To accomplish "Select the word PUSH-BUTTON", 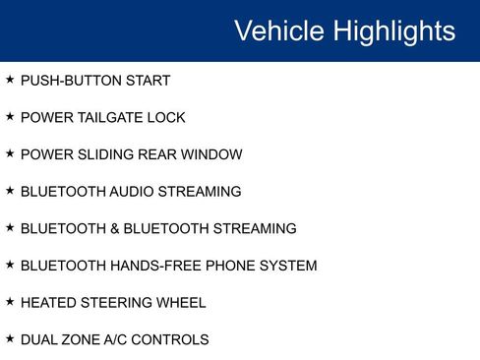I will pyautogui.click(x=71, y=81).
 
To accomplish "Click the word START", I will pyautogui.click(x=149, y=81).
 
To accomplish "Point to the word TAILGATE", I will pyautogui.click(x=107, y=118).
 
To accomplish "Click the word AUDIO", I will pyautogui.click(x=136, y=192).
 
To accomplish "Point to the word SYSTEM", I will pyautogui.click(x=284, y=266).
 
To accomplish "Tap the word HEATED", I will pyautogui.click(x=48, y=303).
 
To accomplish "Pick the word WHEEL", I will pyautogui.click(x=180, y=303).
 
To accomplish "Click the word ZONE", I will pyautogui.click(x=81, y=340).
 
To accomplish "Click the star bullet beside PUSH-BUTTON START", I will pyautogui.click(x=10, y=79).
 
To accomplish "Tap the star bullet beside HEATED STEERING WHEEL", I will pyautogui.click(x=10, y=301).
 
